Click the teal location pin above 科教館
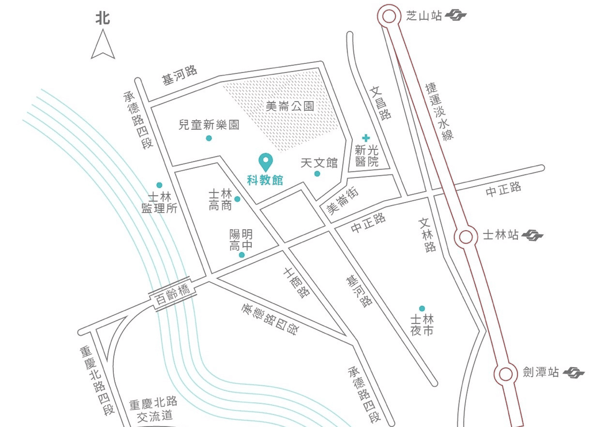(x=265, y=161)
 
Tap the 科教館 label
(x=265, y=180)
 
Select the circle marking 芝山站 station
(x=389, y=16)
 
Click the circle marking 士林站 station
(x=466, y=236)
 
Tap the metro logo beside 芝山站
(x=456, y=16)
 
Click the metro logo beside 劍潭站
(x=573, y=373)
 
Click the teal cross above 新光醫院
(x=366, y=137)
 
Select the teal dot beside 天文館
(x=317, y=174)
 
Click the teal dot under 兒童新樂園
(x=209, y=138)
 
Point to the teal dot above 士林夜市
(x=422, y=308)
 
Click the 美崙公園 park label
(x=290, y=106)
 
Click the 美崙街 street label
(x=343, y=202)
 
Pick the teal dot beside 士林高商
(x=237, y=199)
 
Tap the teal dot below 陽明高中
(x=242, y=255)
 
